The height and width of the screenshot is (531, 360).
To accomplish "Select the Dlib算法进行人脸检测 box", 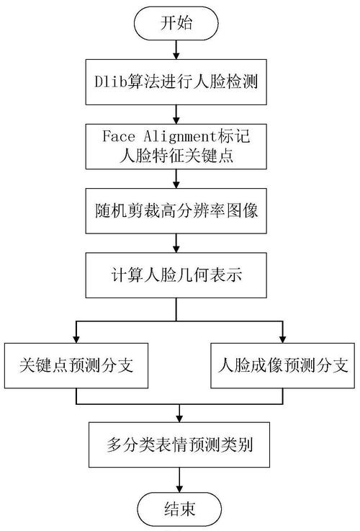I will point(177,85).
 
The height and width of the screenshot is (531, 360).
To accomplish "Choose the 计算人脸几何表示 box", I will point(177,275).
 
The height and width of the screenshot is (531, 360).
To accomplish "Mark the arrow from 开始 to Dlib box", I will point(177,50).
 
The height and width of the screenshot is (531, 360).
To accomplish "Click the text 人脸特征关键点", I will point(177,154).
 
